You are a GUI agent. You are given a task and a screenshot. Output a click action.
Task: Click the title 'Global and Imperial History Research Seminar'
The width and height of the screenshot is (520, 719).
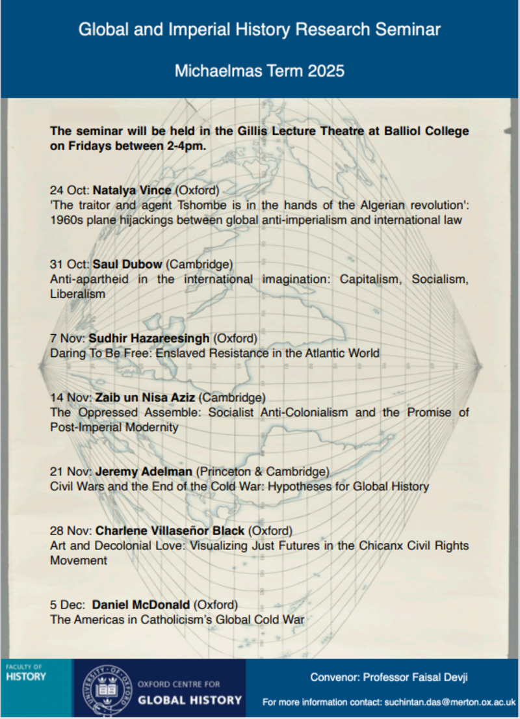click(x=259, y=29)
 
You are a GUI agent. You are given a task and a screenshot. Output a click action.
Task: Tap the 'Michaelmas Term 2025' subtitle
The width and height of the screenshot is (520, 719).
click(x=259, y=70)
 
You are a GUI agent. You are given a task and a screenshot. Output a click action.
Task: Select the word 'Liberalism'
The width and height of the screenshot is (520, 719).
click(x=77, y=294)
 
